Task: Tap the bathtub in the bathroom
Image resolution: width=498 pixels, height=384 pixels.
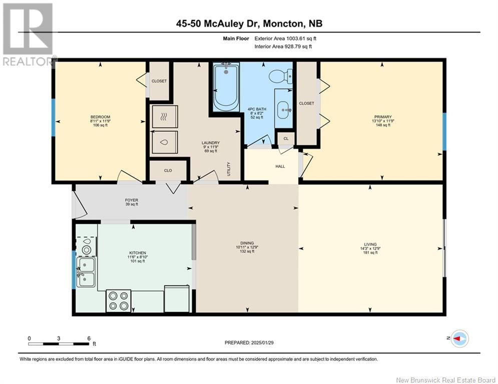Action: click(226, 86)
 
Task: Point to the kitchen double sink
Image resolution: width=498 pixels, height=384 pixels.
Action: click(86, 272)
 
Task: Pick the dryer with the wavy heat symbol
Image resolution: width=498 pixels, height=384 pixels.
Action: click(164, 117)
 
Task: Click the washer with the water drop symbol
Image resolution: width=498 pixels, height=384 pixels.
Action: click(164, 142)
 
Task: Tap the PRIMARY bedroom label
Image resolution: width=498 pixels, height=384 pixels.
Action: click(383, 117)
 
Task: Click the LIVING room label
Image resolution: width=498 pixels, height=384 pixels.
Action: click(370, 244)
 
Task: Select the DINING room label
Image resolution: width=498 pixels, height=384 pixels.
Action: click(247, 243)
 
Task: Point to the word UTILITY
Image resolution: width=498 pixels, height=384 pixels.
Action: click(229, 169)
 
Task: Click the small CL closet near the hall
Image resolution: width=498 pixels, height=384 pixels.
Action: click(286, 138)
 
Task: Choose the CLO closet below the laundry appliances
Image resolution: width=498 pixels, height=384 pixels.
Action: click(168, 170)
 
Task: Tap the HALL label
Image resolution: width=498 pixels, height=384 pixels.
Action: click(280, 166)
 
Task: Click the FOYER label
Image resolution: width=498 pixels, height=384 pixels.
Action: click(132, 200)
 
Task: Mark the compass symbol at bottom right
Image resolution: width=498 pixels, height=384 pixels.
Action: click(459, 338)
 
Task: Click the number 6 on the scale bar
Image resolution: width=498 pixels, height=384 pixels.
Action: click(89, 338)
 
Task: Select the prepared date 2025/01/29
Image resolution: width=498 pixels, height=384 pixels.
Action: click(262, 342)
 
